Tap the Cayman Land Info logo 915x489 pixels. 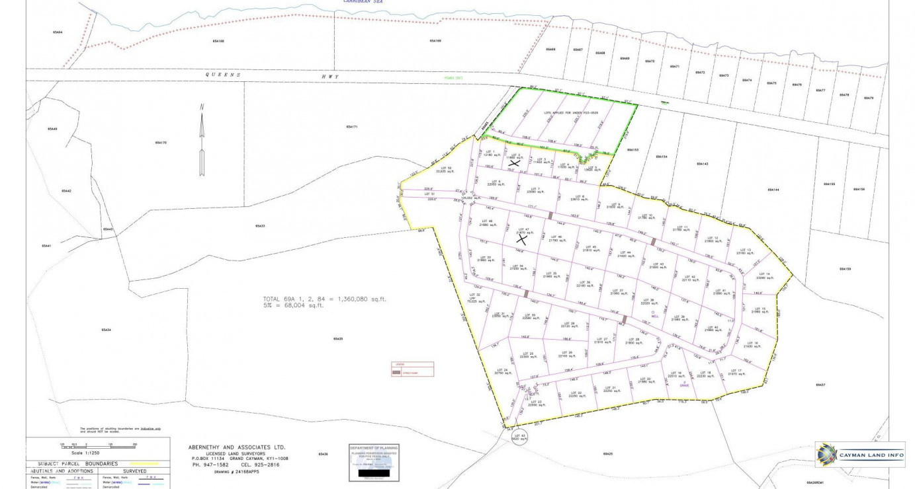859,455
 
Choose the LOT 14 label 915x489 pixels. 763,276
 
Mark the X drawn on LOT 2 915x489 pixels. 514,162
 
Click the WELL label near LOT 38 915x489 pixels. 655,316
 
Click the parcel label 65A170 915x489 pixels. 161,143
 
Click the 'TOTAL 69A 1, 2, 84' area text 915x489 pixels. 324,299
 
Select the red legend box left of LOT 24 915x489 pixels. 412,369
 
